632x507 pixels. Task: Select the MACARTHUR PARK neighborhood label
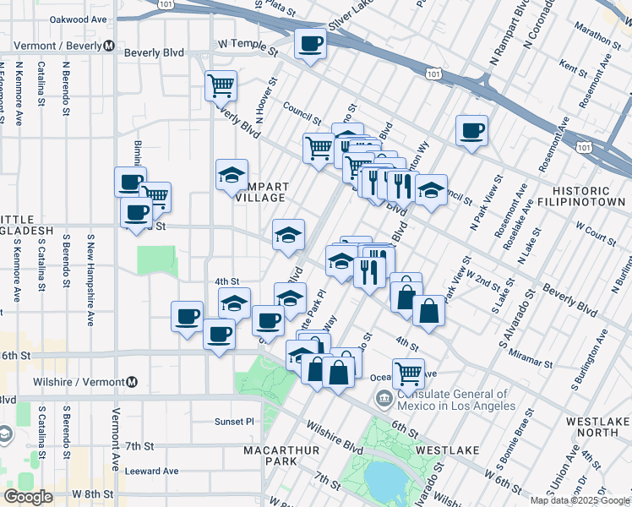(281, 456)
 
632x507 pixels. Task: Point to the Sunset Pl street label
(234, 421)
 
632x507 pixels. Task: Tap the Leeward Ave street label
(152, 471)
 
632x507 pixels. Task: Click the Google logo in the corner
(28, 497)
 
